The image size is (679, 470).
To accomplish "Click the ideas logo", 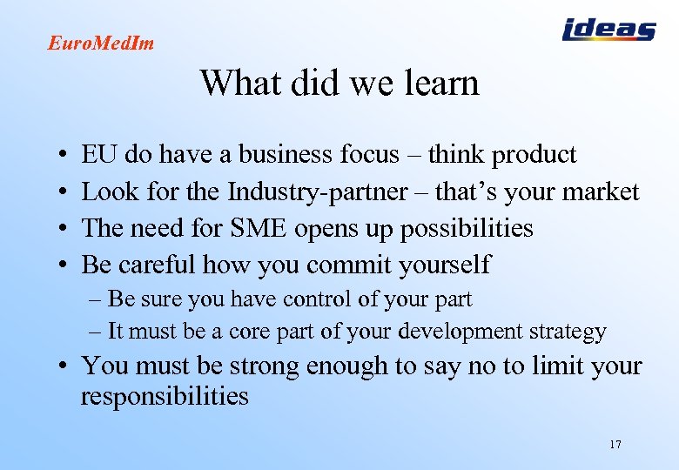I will (x=608, y=30).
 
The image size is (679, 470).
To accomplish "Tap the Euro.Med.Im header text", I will (x=100, y=43).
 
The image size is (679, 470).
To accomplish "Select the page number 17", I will (x=615, y=445).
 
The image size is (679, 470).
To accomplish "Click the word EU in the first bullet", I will (x=99, y=155).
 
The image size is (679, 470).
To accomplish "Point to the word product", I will (x=534, y=156).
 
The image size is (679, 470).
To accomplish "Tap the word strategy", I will (x=567, y=332).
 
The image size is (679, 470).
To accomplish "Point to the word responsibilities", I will (x=165, y=397).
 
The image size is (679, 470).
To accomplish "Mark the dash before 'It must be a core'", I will (x=95, y=332).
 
